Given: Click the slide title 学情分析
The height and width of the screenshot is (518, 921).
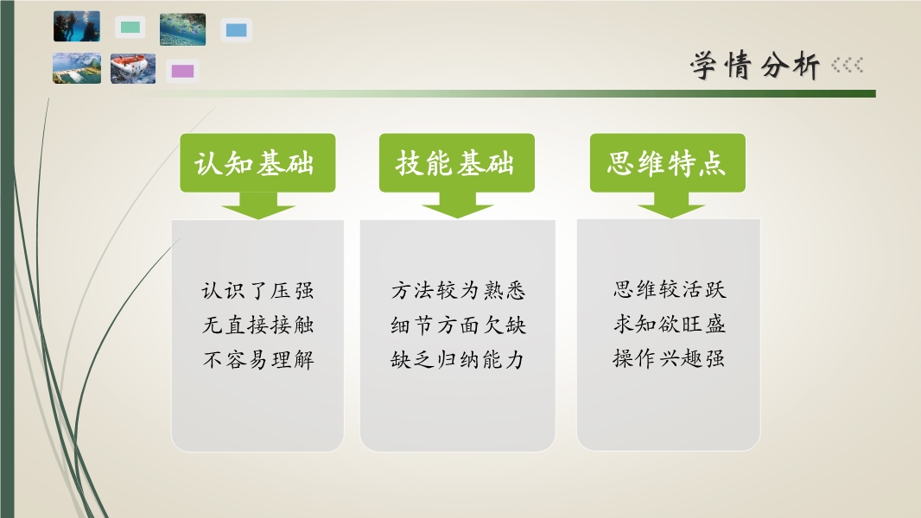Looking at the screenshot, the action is pyautogui.click(x=755, y=65).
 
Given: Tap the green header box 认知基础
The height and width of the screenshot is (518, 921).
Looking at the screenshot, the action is pyautogui.click(x=257, y=162).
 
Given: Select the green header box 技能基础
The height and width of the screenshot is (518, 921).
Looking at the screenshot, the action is pyautogui.click(x=456, y=162).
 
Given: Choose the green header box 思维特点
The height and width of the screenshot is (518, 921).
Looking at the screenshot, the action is pyautogui.click(x=667, y=162).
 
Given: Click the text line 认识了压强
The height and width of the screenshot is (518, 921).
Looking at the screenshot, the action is pyautogui.click(x=257, y=290).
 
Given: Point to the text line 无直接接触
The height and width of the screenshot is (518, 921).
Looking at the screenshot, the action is pyautogui.click(x=257, y=325).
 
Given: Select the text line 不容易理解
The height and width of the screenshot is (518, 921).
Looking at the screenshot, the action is pyautogui.click(x=257, y=359).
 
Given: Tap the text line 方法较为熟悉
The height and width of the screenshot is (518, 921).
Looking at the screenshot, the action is pyautogui.click(x=458, y=290).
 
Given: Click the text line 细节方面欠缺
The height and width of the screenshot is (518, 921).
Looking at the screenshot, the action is pyautogui.click(x=458, y=325).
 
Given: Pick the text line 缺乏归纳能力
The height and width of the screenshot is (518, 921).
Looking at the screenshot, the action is pyautogui.click(x=457, y=359).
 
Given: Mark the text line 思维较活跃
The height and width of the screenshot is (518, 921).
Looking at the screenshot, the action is pyautogui.click(x=670, y=288).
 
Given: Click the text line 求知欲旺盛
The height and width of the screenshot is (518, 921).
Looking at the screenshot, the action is pyautogui.click(x=670, y=323).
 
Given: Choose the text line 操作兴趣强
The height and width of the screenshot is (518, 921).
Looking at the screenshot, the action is pyautogui.click(x=669, y=357).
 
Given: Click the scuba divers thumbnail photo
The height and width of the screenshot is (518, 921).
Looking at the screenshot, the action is pyautogui.click(x=77, y=27).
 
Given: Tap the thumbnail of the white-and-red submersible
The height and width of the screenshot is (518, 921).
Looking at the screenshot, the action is pyautogui.click(x=133, y=69).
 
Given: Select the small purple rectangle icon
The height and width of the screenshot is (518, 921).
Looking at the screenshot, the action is pyautogui.click(x=182, y=72).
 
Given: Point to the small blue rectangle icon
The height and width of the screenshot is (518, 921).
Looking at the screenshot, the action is pyautogui.click(x=236, y=30).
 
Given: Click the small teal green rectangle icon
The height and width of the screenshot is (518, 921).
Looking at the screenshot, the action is pyautogui.click(x=130, y=27).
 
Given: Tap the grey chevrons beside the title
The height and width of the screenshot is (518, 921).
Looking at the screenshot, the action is pyautogui.click(x=847, y=65).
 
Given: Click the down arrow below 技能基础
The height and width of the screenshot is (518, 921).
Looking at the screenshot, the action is pyautogui.click(x=457, y=205).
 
